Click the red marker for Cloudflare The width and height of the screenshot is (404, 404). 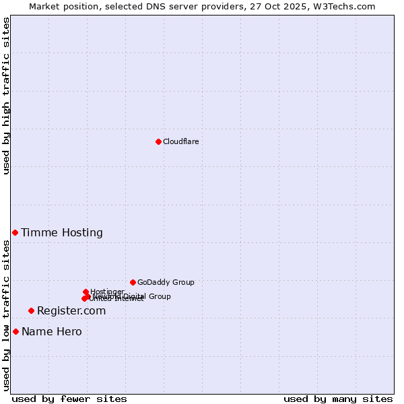coord(158,141)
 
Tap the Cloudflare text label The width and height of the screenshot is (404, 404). coord(180,141)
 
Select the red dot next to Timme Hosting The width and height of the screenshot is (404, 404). coord(15,232)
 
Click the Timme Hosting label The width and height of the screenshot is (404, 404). coord(61,233)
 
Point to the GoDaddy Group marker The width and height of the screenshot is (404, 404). coord(133,282)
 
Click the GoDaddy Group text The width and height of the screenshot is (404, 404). coord(166,282)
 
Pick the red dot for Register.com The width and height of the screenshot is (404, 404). coord(31,310)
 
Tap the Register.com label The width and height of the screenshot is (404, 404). coord(71,311)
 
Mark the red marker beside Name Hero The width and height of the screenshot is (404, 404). coord(15,331)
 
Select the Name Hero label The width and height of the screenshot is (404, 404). coord(51,332)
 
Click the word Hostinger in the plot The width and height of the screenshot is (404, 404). coord(107,292)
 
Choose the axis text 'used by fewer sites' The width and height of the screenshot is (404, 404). coord(69,399)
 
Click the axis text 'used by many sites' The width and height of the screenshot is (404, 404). coord(338,399)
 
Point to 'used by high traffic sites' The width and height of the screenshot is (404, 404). coord(7,96)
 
